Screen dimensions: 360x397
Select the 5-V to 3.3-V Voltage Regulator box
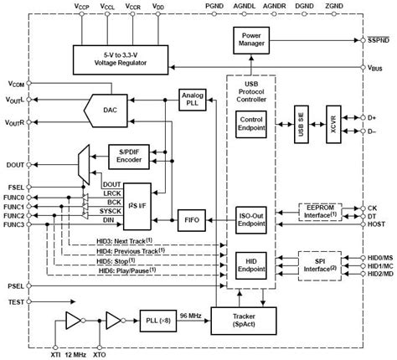tap(125, 57)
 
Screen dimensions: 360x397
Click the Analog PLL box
tap(192, 100)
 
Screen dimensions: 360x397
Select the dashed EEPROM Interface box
tap(321, 214)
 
